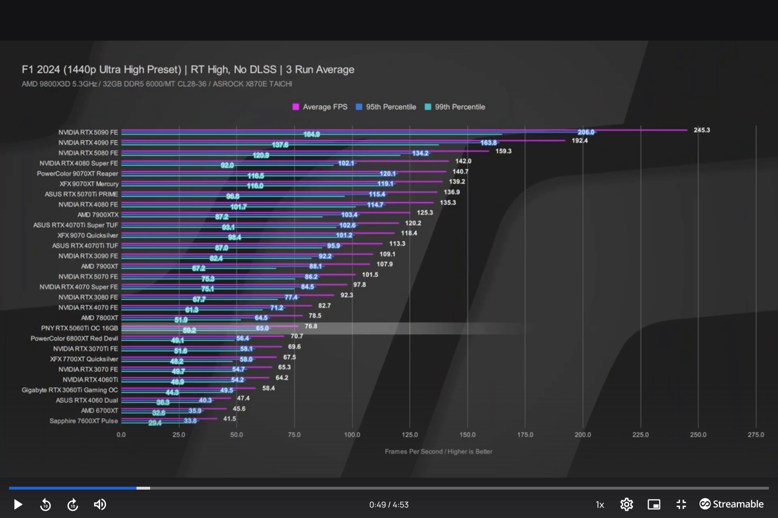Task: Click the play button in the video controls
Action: point(18,504)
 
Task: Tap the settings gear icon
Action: point(626,504)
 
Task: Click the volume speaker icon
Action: point(100,504)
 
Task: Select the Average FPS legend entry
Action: point(320,107)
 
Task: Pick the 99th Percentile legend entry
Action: point(455,107)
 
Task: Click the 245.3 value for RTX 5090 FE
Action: point(701,130)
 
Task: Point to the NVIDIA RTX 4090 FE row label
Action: point(88,142)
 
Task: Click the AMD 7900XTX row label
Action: point(98,214)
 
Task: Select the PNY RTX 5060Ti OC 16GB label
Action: point(79,328)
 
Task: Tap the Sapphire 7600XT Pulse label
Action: point(83,421)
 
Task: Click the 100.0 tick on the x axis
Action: point(352,435)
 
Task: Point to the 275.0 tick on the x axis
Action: point(756,435)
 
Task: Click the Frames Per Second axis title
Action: point(438,451)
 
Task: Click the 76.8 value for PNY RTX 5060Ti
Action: point(311,326)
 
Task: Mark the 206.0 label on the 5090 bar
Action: point(586,132)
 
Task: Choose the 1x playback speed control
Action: point(600,505)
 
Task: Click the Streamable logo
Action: point(731,504)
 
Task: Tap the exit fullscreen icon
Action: point(681,504)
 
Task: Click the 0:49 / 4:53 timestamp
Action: point(389,505)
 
